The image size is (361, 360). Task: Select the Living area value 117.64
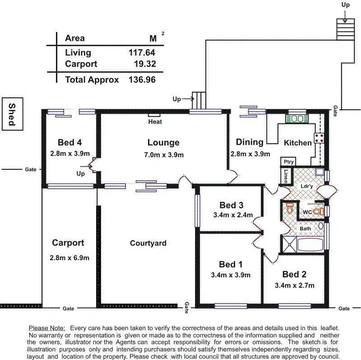coord(142,52)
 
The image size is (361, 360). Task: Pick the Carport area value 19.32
coord(145,64)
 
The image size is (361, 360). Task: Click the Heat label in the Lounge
coord(155,122)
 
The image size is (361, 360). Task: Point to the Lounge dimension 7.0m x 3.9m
coord(163,155)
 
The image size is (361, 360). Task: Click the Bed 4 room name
coord(69,143)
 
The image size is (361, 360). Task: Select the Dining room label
coord(250,142)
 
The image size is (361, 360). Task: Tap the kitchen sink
coord(296,118)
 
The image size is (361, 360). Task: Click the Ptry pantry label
coord(288,162)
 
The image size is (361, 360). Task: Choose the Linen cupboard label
coord(286,176)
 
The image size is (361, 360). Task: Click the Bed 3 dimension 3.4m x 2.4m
coord(233,215)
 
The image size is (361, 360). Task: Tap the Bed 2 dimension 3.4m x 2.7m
coord(294,285)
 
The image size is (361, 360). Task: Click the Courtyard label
coord(148,243)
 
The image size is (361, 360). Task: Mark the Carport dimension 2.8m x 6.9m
coord(69,258)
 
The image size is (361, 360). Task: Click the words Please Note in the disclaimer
coord(47,328)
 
